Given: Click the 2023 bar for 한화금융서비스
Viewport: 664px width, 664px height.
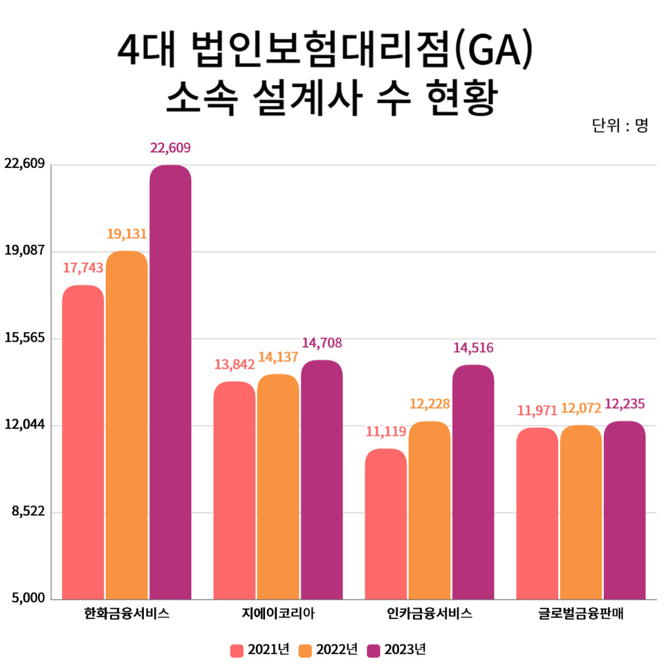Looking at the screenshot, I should (x=170, y=380).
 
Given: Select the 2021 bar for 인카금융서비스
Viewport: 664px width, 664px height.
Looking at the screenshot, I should (x=386, y=524).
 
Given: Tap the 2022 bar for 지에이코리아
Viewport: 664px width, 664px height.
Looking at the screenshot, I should (x=278, y=486).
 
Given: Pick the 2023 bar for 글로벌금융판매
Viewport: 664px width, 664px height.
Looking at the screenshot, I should (x=625, y=510).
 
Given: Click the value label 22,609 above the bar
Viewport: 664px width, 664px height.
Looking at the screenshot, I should (x=170, y=147).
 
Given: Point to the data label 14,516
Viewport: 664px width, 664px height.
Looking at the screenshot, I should (x=473, y=348).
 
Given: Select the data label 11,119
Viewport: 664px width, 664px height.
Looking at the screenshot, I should (x=386, y=432).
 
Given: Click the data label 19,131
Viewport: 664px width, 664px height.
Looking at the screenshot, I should (x=127, y=234).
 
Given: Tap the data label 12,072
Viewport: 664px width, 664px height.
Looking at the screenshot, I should (x=581, y=409).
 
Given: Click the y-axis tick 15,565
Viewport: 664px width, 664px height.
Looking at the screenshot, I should (x=24, y=338).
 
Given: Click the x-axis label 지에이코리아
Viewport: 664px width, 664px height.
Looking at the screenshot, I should (x=278, y=614).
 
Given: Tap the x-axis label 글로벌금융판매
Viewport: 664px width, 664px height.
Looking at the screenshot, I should (x=581, y=614).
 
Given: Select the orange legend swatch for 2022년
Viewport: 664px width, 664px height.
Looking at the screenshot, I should (x=305, y=650).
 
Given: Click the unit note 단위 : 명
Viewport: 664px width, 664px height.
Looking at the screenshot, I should (x=620, y=126).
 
